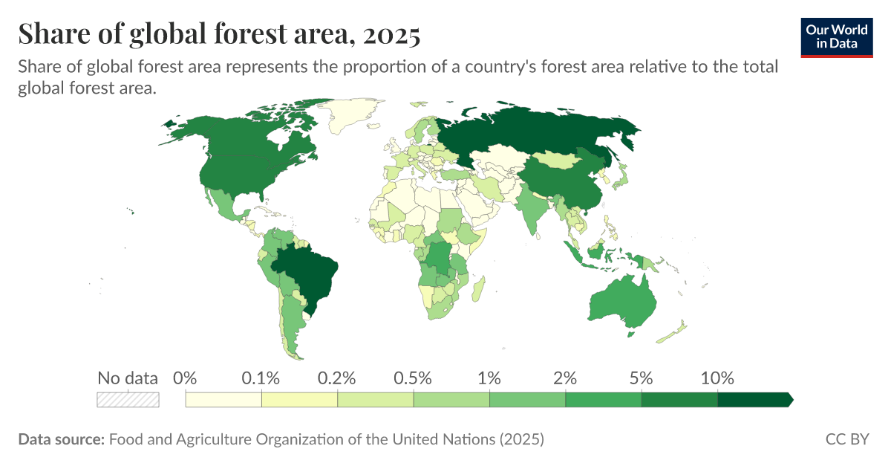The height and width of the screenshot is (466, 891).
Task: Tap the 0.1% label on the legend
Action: coord(261,378)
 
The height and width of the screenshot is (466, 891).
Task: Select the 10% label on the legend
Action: coord(717,378)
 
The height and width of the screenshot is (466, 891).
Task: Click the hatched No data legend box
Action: coord(128,399)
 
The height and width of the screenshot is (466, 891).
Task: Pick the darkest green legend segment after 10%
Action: coord(754,400)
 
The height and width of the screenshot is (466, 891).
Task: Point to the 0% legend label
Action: coord(184,378)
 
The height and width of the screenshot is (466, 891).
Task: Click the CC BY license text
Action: coord(847,439)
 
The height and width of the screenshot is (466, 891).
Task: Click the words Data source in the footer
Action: coord(61,439)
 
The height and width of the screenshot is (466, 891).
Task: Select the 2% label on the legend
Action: coord(565,378)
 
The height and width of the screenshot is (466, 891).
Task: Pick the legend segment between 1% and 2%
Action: coord(527,400)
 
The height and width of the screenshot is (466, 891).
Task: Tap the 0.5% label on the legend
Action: coord(413,378)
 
